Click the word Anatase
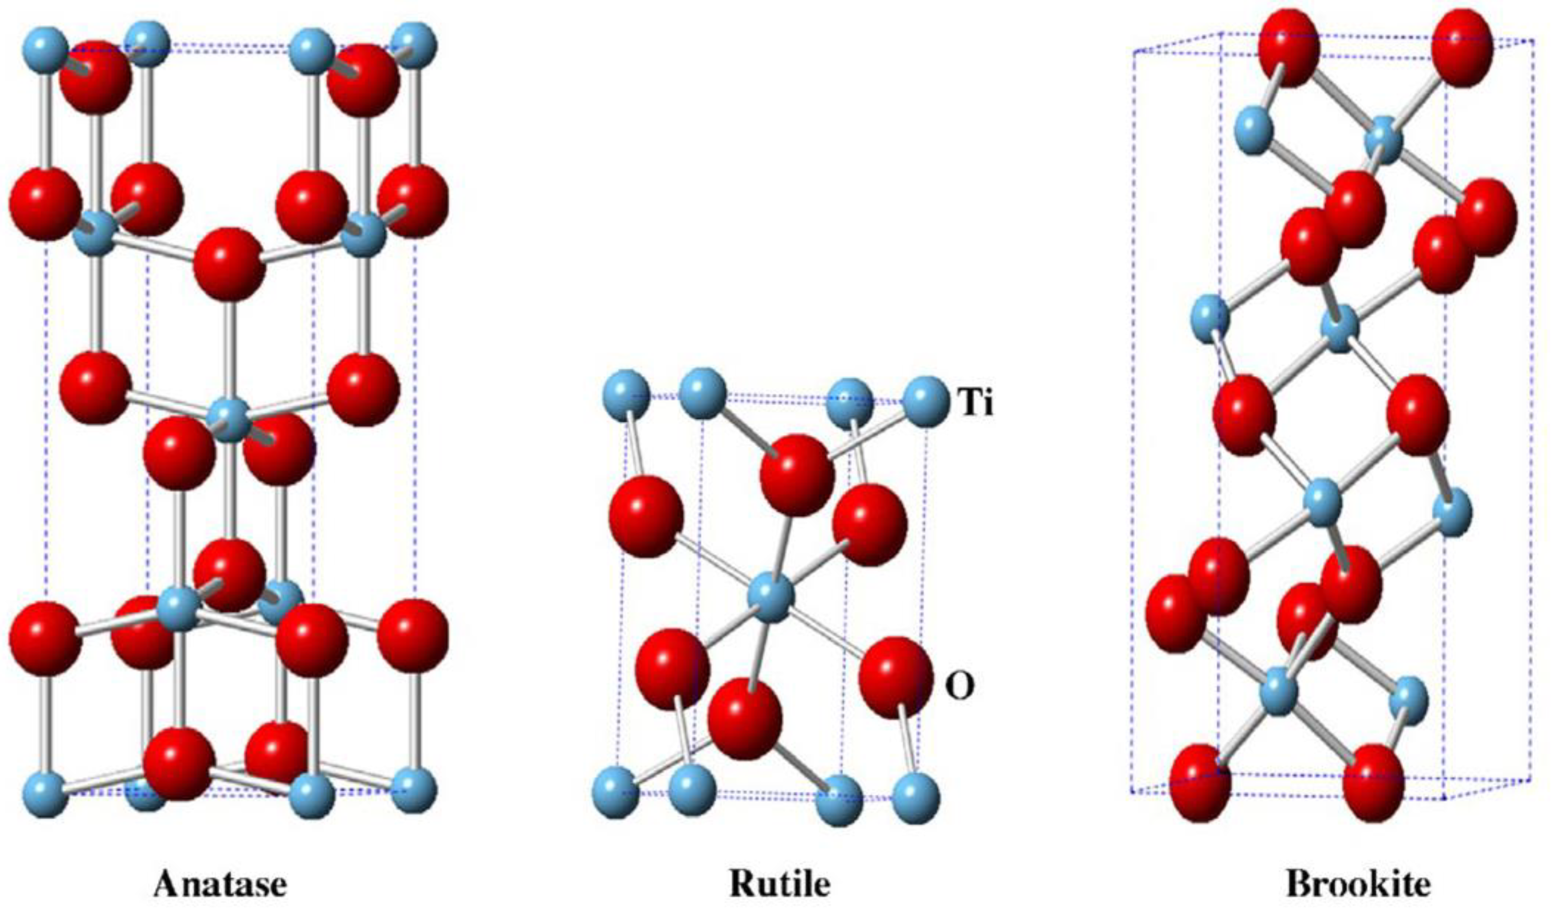[x=220, y=884]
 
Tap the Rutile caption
[x=779, y=884]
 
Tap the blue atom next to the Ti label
[x=926, y=403]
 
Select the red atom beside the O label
[x=895, y=677]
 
